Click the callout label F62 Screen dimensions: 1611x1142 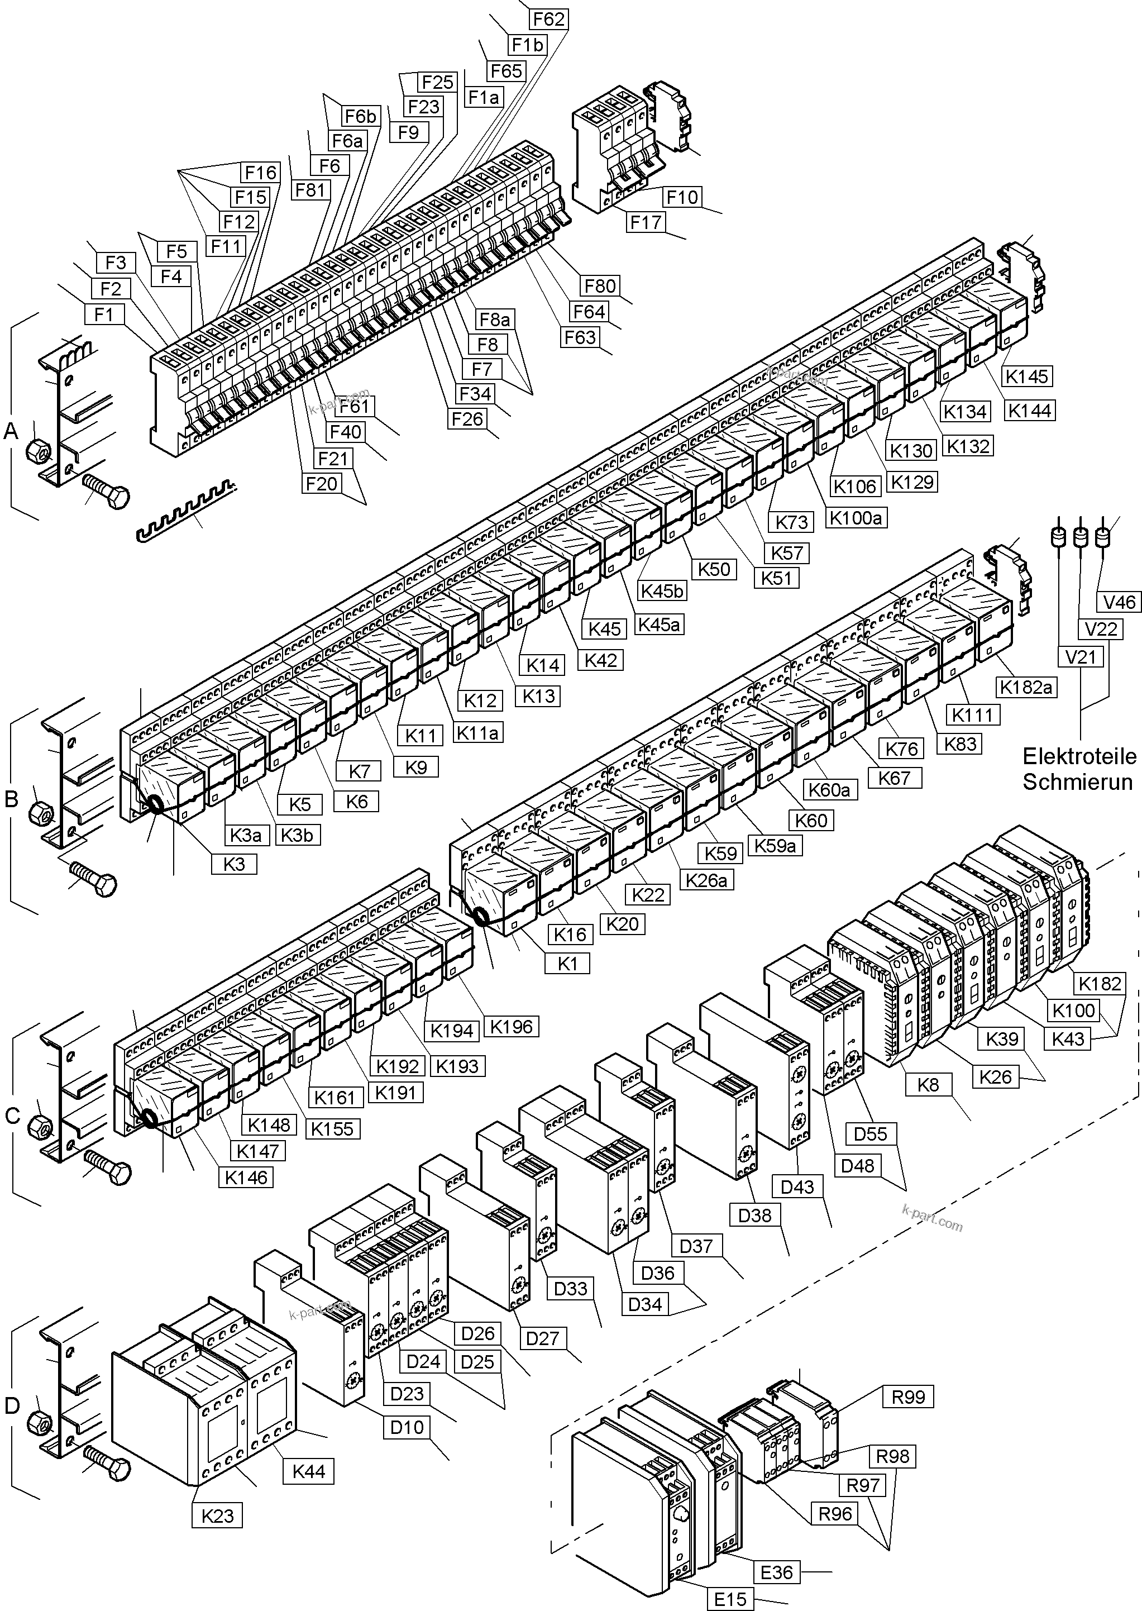tap(548, 19)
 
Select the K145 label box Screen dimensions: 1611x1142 tap(1026, 376)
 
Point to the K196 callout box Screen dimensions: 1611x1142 tap(511, 1026)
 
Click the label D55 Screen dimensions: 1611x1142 tap(871, 1133)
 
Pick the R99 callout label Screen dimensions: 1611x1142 tap(908, 1396)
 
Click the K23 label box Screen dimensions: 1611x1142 tap(217, 1515)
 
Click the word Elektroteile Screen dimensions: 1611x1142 tap(1079, 756)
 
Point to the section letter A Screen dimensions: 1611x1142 tap(11, 431)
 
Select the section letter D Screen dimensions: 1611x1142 tap(12, 1405)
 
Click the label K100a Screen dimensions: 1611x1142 tap(856, 518)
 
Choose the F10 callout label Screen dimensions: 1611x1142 tap(681, 197)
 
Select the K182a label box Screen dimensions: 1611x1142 tap(1026, 687)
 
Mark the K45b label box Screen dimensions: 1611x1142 tap(662, 591)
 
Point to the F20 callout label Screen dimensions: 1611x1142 tap(321, 484)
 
